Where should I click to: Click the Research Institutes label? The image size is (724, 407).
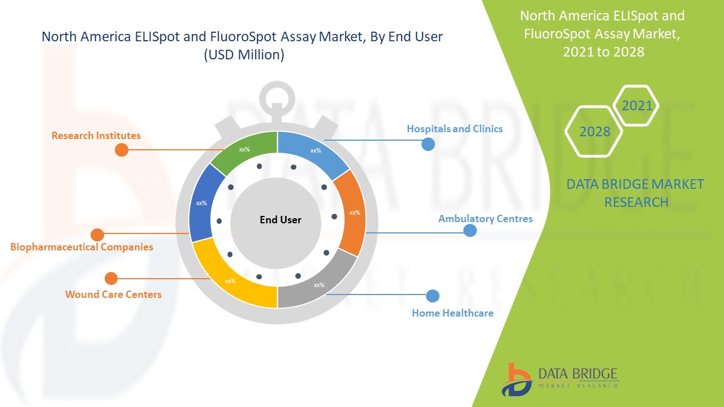point(96,136)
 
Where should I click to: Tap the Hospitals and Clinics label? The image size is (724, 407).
point(455,129)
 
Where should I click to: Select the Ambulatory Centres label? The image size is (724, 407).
point(485,219)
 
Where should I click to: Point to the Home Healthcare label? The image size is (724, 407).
point(453,313)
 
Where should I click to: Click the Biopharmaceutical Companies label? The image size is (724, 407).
point(81,247)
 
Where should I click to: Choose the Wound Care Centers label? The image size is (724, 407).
point(113,295)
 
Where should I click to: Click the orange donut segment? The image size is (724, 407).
point(353,214)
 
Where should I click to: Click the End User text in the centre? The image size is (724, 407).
point(281,220)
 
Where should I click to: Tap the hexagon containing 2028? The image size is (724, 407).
point(594,131)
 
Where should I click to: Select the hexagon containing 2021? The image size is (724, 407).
point(637,106)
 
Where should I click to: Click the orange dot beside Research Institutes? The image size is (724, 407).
point(122,150)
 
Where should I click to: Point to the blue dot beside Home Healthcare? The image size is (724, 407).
point(433,296)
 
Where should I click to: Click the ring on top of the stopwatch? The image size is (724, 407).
point(277,94)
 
